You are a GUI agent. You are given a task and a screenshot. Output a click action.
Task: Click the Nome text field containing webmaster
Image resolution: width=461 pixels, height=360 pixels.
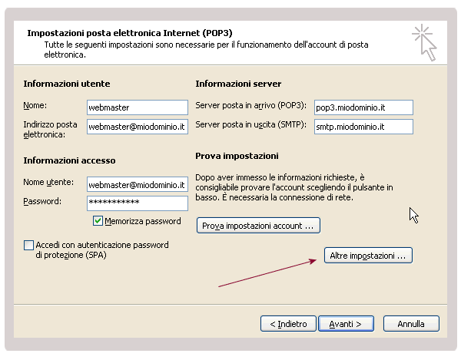(138, 107)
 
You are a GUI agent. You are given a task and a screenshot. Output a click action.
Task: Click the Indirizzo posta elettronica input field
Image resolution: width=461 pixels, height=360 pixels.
(138, 127)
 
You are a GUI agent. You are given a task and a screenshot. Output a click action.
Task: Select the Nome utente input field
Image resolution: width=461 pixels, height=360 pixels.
(138, 185)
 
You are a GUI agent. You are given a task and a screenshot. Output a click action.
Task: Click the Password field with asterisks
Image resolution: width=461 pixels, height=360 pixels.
(138, 203)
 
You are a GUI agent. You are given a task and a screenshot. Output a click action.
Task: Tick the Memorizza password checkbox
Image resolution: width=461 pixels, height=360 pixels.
(98, 221)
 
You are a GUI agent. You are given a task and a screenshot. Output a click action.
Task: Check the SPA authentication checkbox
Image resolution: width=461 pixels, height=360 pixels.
(28, 245)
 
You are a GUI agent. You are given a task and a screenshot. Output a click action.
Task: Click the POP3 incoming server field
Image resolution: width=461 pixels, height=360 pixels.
(363, 107)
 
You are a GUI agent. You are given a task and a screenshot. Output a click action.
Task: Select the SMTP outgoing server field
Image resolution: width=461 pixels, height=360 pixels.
(363, 127)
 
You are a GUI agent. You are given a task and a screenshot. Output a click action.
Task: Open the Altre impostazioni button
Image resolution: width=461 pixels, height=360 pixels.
(368, 256)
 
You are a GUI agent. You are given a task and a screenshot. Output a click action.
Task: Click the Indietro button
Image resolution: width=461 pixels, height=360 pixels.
(288, 324)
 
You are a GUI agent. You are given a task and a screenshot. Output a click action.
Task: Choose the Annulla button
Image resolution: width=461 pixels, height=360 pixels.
(411, 324)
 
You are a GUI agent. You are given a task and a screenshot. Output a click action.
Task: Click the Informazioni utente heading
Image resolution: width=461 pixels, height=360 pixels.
(67, 84)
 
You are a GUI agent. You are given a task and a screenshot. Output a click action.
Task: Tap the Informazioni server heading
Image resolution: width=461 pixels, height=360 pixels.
(238, 84)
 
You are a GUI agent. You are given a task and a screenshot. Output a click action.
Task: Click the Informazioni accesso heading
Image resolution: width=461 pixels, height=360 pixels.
(69, 160)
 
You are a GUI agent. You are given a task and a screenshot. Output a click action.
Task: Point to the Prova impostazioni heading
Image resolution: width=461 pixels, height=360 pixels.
(237, 156)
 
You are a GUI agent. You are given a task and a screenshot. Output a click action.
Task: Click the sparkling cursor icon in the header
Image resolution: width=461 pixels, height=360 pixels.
(424, 42)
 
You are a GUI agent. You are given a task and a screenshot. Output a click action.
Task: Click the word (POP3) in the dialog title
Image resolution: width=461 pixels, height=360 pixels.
(217, 33)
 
